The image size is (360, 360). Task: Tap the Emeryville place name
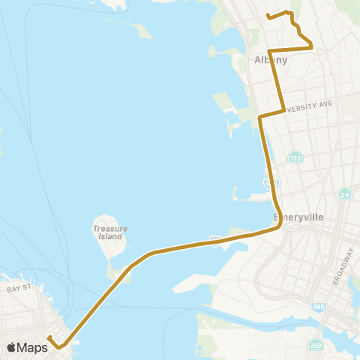pyautogui.click(x=298, y=217)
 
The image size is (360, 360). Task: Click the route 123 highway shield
pyautogui.click(x=295, y=157)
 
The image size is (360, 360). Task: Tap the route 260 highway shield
pyautogui.click(x=313, y=344)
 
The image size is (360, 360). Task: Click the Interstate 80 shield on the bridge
pyautogui.click(x=215, y=240)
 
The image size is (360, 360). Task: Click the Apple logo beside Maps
pyautogui.click(x=11, y=347)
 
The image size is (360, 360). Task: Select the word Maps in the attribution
pyautogui.click(x=32, y=347)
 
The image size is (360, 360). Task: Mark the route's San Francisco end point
pyautogui.click(x=49, y=338)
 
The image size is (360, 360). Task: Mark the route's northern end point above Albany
pyautogui.click(x=268, y=15)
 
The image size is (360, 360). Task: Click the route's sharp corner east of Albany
pyautogui.click(x=311, y=48)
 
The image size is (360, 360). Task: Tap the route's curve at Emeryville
pyautogui.click(x=280, y=225)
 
